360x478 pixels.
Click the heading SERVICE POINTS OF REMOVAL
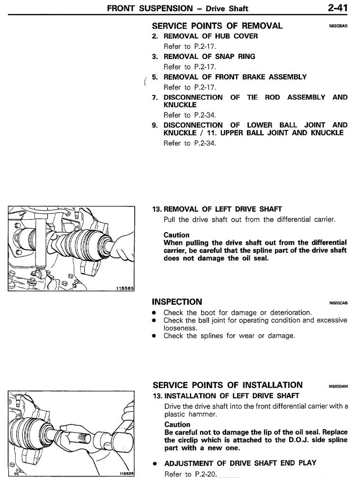click(x=217, y=26)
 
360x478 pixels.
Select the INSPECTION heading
click(x=177, y=301)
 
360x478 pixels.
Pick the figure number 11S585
click(x=124, y=289)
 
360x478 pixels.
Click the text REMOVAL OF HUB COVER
click(x=210, y=36)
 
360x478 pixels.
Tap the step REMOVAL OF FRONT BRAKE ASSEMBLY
click(x=235, y=77)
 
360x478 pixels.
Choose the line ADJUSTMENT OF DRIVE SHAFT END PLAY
click(x=234, y=463)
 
